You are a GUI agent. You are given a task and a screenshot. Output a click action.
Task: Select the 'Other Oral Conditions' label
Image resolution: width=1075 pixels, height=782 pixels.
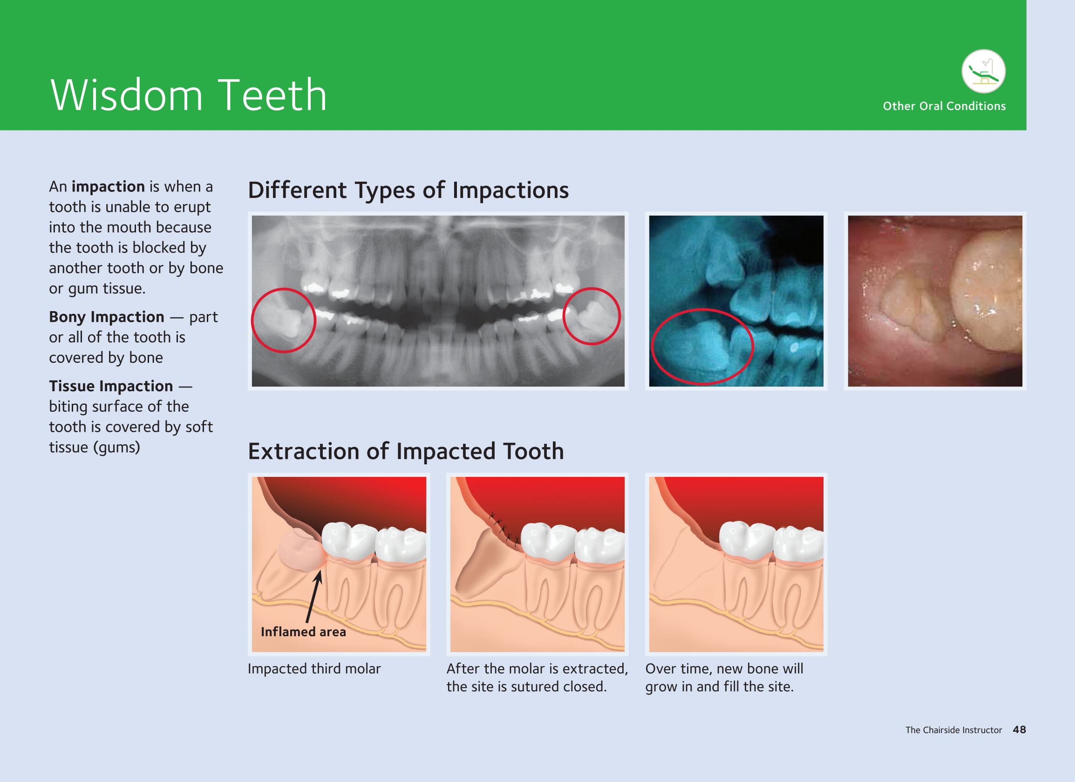pos(944,106)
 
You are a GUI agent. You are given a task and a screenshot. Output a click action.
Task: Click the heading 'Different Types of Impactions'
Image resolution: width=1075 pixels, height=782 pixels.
pos(408,190)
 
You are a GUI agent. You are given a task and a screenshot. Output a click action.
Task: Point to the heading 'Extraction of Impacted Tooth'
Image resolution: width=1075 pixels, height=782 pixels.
pos(406,451)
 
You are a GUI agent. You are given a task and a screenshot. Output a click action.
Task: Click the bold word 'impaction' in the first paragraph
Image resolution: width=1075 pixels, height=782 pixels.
pos(108,187)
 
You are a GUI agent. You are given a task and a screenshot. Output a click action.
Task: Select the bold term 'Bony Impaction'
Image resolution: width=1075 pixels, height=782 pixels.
pos(107,317)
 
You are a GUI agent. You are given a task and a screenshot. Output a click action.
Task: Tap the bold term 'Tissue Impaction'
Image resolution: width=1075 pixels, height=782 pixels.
pos(111,386)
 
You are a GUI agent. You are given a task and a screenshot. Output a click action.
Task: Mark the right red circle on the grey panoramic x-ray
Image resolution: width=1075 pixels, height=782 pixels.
pos(592,288)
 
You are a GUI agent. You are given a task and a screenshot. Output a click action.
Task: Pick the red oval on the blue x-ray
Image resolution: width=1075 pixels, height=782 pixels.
pos(702,309)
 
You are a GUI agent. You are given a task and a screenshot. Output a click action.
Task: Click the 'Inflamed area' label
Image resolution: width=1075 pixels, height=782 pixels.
pos(303,632)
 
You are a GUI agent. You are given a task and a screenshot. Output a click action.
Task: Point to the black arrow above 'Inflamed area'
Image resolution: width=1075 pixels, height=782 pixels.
pos(314,596)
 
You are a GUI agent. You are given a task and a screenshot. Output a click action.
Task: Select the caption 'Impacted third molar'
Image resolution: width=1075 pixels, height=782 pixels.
pos(314,669)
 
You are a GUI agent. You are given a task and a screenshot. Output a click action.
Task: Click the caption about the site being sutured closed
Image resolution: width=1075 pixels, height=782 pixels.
pos(537,678)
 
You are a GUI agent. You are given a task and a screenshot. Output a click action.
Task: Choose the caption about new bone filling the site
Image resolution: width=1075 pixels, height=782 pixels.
pos(724,678)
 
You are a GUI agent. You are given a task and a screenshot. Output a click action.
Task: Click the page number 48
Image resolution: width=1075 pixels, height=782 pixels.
pos(1019,730)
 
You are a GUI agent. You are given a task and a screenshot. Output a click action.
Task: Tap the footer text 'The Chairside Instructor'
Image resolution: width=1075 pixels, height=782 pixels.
pos(953,730)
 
